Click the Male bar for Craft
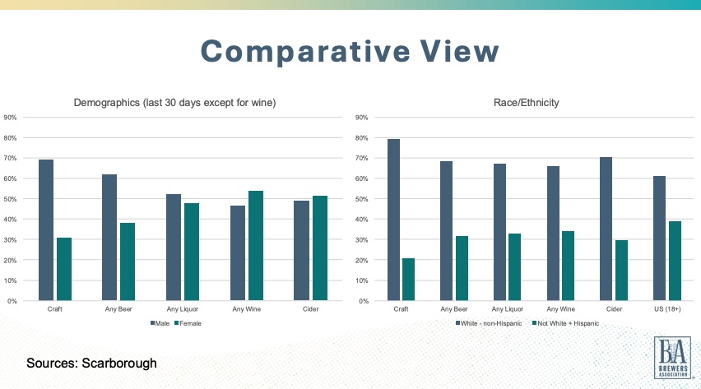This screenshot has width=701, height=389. (x=46, y=230)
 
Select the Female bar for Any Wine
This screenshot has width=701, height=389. (x=255, y=246)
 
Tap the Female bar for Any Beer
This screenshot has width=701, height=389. (x=128, y=262)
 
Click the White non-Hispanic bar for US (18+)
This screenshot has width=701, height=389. (x=659, y=238)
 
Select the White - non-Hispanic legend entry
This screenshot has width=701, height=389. (x=489, y=323)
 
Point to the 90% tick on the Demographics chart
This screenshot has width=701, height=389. (x=11, y=117)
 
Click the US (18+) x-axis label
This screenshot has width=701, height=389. (x=667, y=309)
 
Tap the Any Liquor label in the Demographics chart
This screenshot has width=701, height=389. (x=183, y=309)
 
